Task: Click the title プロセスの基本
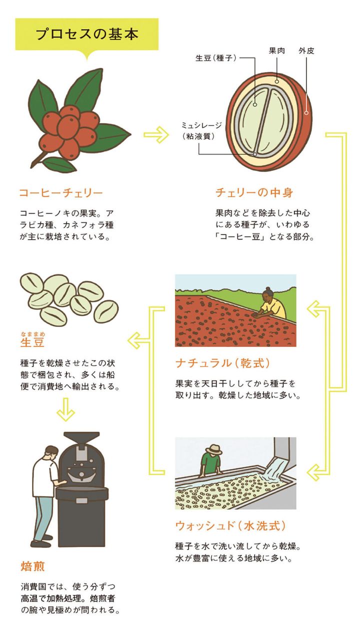[86, 34]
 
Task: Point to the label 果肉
[276, 50]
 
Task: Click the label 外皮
[306, 50]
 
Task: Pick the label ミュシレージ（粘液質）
[201, 130]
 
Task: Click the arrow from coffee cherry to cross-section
[156, 134]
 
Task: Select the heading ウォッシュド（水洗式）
[230, 525]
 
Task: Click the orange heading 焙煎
[33, 566]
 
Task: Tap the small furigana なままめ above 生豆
[32, 334]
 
